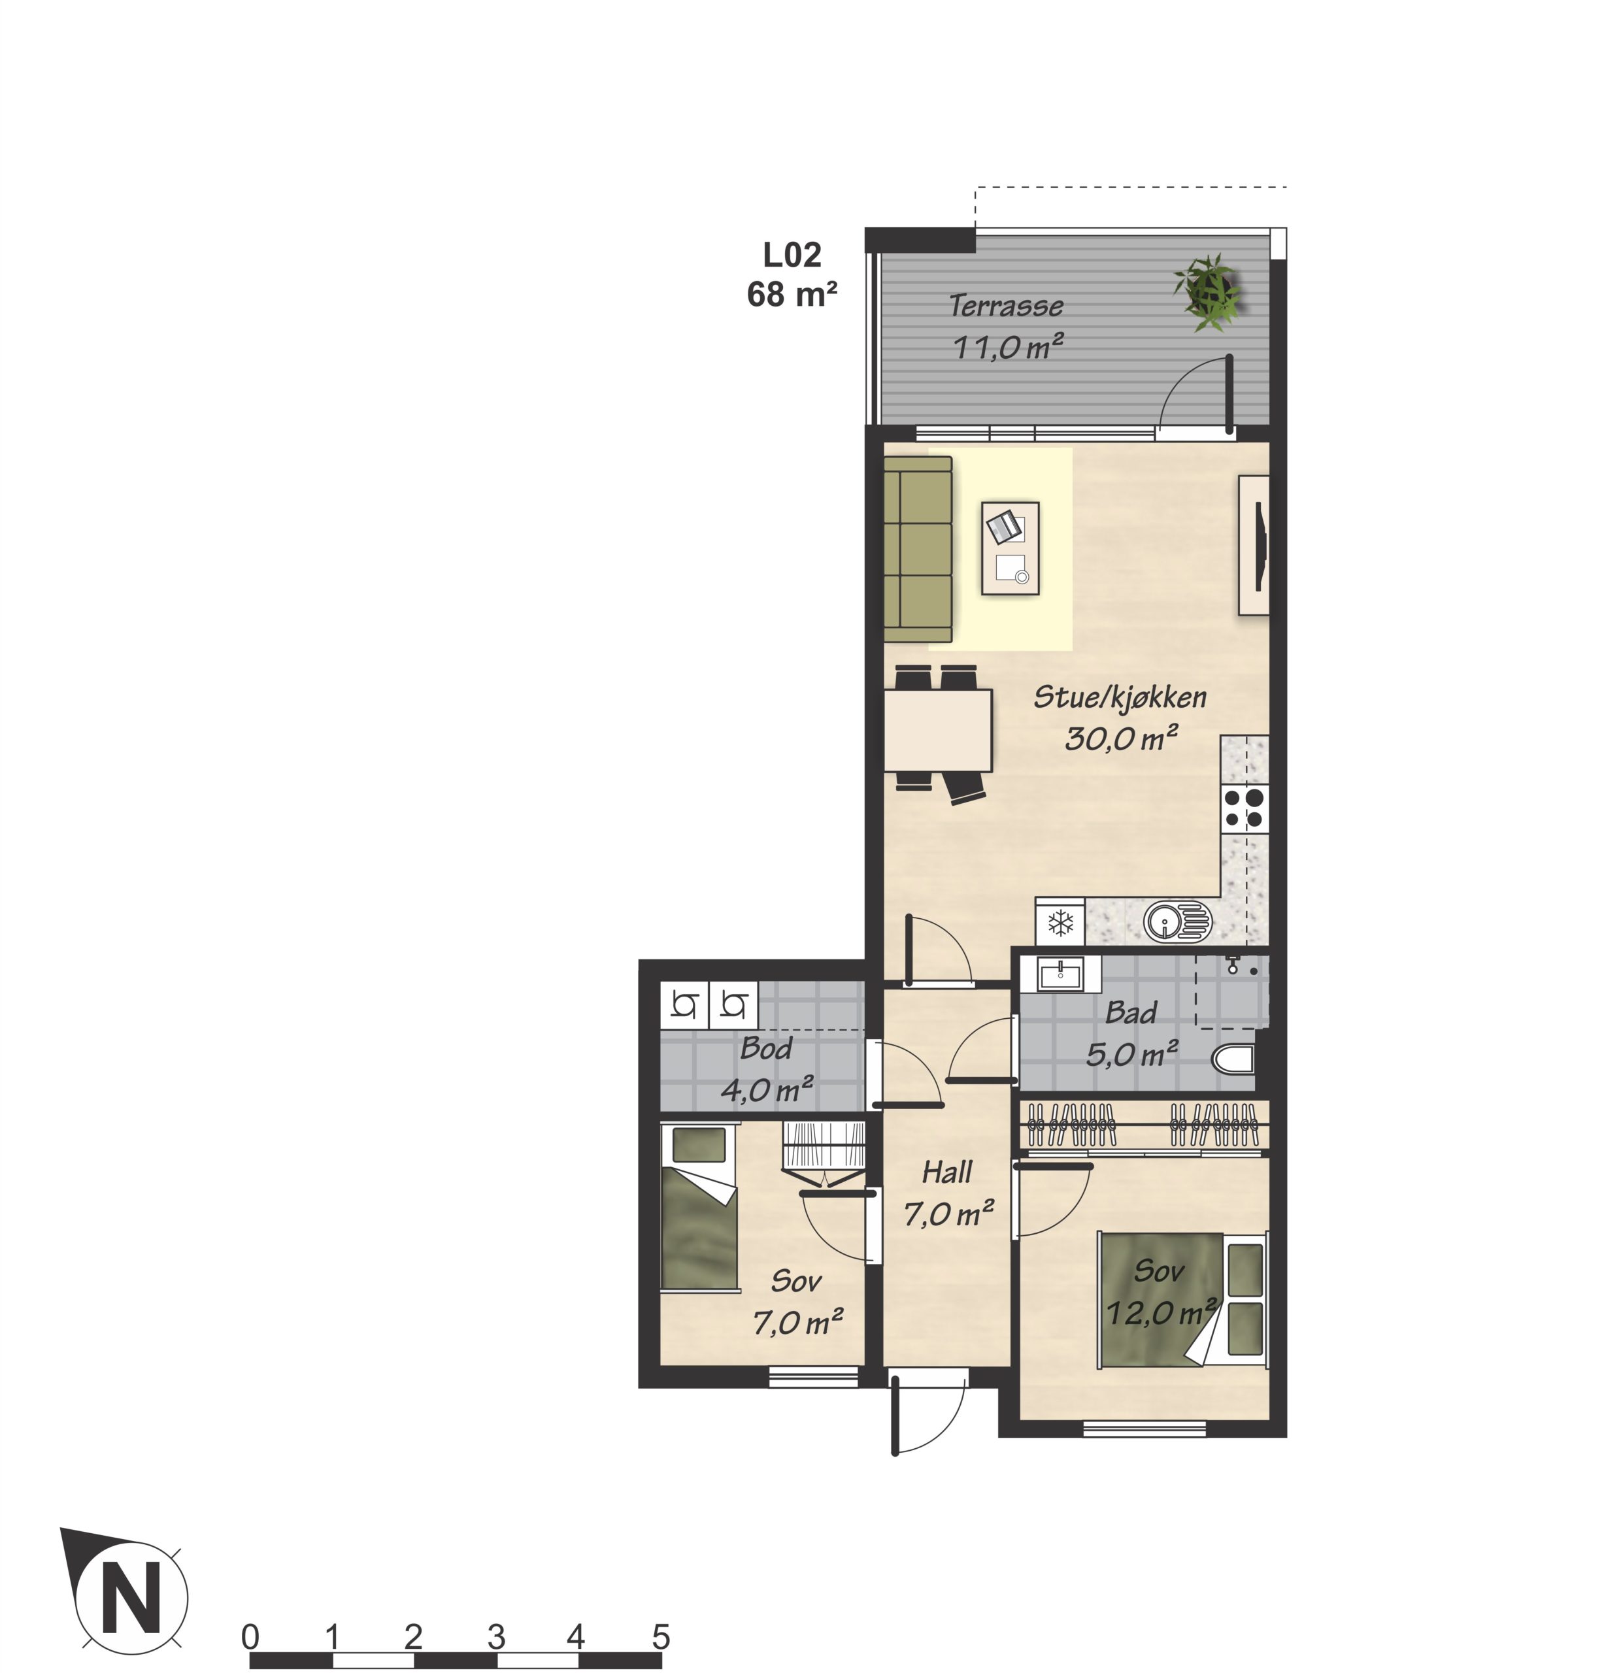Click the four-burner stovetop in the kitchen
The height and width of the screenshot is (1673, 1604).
(1245, 808)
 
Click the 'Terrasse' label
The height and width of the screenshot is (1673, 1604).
(1005, 305)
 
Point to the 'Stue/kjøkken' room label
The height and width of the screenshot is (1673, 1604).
(1120, 697)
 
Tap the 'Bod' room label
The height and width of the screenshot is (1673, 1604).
(765, 1048)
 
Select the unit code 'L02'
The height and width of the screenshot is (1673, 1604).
(792, 254)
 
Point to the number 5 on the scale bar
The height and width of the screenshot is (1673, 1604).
(660, 1636)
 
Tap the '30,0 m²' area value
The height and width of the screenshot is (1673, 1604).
(1121, 737)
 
